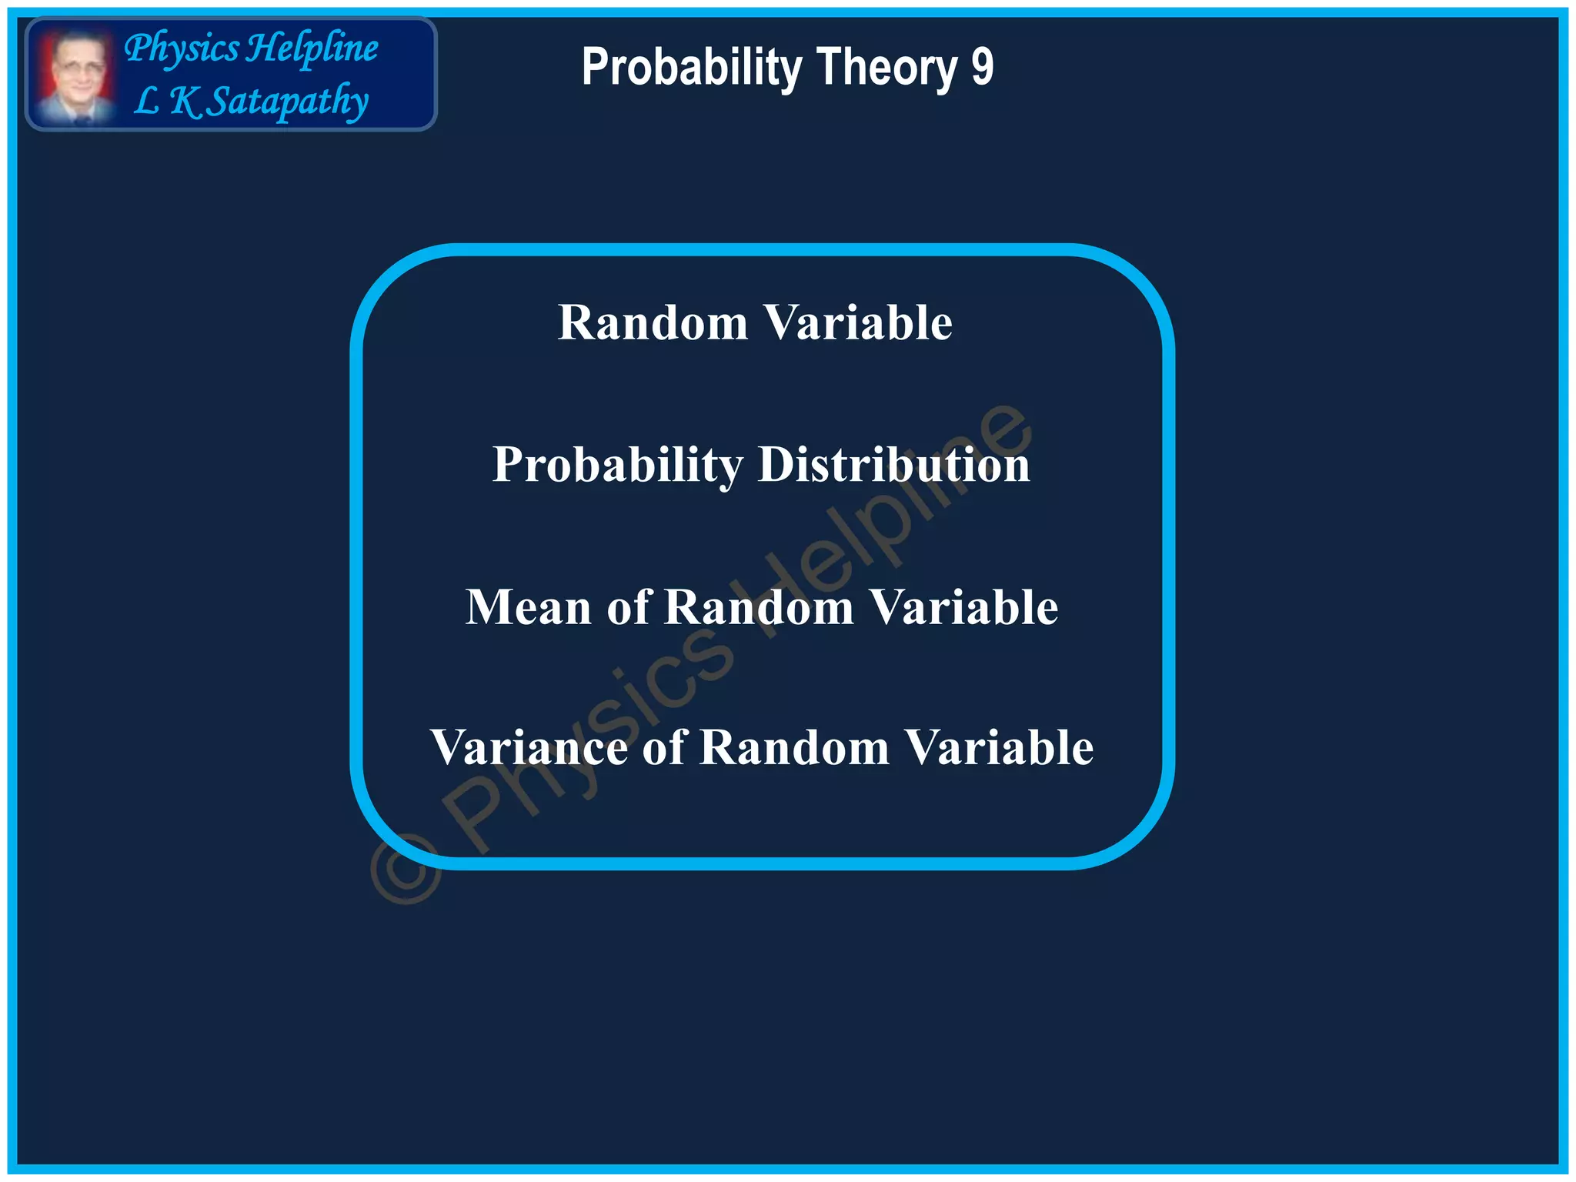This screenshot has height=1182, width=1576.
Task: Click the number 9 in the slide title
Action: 982,67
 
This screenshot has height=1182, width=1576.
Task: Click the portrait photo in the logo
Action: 75,75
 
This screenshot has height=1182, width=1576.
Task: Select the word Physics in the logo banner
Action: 182,48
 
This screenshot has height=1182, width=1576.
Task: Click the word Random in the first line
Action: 653,322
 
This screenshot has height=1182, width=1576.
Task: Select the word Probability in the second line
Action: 617,466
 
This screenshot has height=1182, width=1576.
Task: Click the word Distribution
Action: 893,465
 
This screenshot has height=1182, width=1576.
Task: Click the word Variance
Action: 529,747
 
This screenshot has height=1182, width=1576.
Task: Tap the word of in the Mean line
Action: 629,607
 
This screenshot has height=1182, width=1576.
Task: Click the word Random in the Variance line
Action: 793,747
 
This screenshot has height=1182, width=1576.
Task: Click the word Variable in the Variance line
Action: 999,747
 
